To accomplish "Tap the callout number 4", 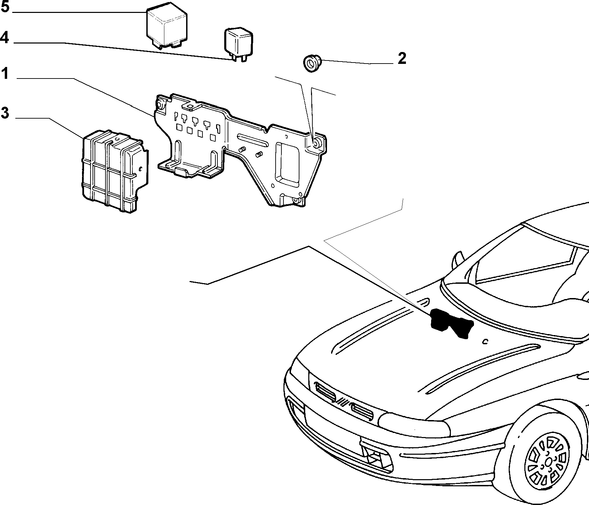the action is tap(4, 37).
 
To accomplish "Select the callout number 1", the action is tap(4, 73).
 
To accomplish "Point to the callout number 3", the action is tap(5, 113).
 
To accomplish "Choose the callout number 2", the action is tap(402, 58).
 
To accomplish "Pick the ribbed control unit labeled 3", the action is tap(115, 171).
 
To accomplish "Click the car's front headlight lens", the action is tap(413, 424).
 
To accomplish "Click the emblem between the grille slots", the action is tap(343, 402).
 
